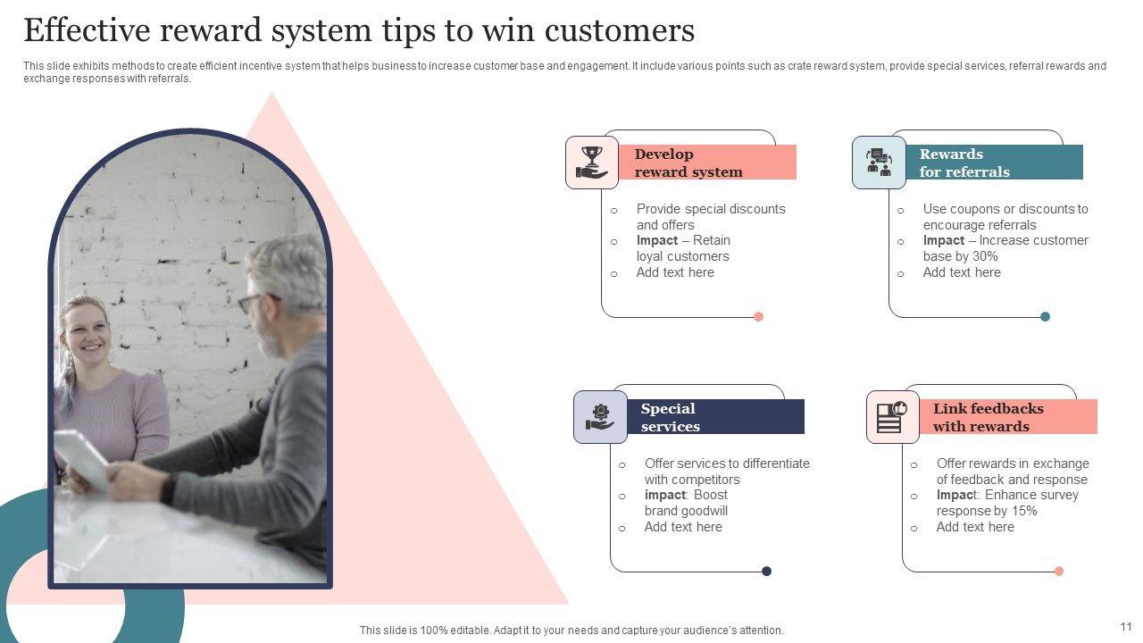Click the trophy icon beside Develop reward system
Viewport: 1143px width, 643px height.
point(592,163)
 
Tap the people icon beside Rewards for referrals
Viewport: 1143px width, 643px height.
point(879,163)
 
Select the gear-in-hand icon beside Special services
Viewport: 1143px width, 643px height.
point(600,417)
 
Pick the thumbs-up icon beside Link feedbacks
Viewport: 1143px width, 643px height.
point(892,417)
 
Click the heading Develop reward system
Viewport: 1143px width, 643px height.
point(688,163)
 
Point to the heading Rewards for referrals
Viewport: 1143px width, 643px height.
point(964,163)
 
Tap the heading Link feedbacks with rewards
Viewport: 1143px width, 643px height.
point(988,418)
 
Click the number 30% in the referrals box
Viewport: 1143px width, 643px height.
point(985,256)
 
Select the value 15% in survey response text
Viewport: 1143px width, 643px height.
point(1024,511)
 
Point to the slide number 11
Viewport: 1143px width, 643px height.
point(1125,627)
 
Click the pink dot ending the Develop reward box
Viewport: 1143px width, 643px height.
point(759,316)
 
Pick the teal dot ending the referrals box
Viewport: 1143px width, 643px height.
point(1045,316)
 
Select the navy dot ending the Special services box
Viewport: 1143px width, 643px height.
point(766,571)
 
